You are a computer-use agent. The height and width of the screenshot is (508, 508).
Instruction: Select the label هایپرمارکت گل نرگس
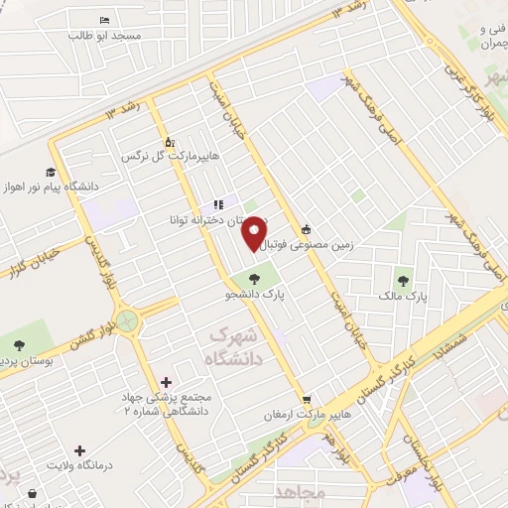coord(170,157)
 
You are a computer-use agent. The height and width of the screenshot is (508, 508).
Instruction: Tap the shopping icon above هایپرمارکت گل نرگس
coord(170,142)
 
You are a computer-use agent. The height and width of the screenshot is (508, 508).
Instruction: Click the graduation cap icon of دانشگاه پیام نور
coord(50,171)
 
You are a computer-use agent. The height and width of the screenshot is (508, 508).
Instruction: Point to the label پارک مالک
coord(403,296)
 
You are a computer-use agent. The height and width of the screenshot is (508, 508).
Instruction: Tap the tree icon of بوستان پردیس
coord(19,345)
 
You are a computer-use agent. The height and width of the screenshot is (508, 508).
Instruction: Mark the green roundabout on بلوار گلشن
coord(127,320)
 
